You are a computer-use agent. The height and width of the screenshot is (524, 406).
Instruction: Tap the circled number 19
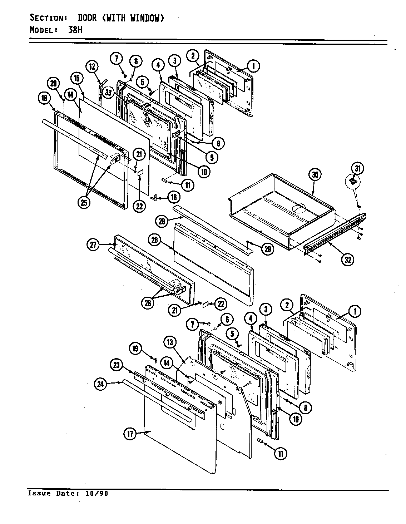136,348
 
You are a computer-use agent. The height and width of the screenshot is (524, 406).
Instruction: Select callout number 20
54,84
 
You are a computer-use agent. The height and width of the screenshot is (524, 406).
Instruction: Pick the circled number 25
85,202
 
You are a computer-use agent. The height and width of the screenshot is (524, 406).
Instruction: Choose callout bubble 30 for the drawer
315,175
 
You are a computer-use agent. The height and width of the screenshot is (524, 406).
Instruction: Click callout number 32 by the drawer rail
347,259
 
